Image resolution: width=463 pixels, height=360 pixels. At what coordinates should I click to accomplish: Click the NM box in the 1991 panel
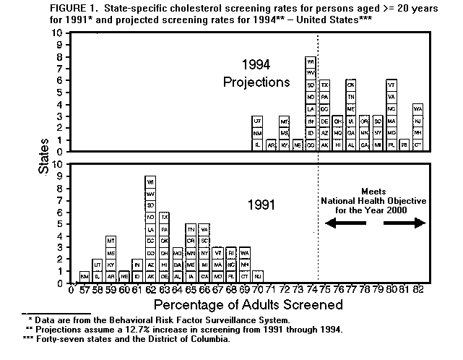click(85, 276)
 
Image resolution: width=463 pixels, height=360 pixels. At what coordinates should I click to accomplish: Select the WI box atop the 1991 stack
click(150, 181)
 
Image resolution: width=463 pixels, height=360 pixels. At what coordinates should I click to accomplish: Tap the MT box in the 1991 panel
click(111, 241)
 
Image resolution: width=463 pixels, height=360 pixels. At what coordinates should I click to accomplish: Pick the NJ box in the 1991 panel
click(257, 276)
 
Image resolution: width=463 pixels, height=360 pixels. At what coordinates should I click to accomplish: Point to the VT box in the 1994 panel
click(391, 85)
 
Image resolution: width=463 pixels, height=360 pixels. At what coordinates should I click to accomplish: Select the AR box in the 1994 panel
click(271, 145)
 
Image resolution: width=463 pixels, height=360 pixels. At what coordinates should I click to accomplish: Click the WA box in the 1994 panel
click(417, 108)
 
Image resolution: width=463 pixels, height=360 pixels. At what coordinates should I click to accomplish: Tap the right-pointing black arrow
click(405, 224)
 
